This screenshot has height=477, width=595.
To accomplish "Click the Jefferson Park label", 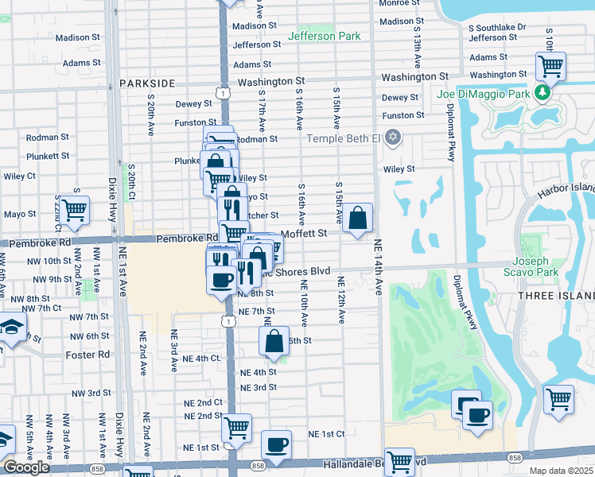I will coord(324,36).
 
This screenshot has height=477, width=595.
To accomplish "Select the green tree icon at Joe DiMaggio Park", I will coord(543,94).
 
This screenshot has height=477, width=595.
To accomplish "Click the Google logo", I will coord(26,467).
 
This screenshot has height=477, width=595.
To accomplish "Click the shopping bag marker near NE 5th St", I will coord(274,341).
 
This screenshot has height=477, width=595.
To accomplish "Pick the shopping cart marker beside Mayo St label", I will coord(75,210).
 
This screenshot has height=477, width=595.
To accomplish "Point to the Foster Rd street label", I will coord(87,355).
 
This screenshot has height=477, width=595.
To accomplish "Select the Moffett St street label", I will coord(305,233).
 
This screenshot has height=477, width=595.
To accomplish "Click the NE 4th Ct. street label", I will coord(197,359).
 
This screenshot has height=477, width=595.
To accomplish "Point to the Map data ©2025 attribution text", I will coord(561,471).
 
